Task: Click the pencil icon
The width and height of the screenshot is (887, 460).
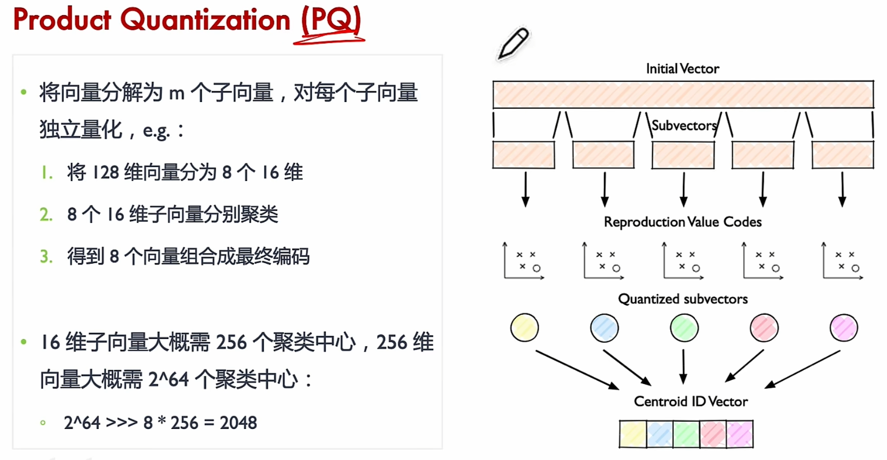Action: tap(513, 44)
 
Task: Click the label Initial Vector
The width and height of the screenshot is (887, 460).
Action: tap(682, 69)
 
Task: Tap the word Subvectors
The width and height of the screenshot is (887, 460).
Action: tap(684, 126)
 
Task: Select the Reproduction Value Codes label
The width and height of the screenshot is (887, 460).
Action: tap(682, 222)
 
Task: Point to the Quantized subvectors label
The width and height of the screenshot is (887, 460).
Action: tap(682, 299)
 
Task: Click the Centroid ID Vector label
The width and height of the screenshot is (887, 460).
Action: tap(682, 402)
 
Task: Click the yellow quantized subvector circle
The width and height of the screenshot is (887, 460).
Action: tap(525, 328)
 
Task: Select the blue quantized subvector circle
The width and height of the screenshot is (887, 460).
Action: tap(604, 328)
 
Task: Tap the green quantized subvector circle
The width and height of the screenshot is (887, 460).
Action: tap(684, 328)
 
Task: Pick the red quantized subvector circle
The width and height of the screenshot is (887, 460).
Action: tap(764, 328)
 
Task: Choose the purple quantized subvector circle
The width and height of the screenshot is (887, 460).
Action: tap(843, 328)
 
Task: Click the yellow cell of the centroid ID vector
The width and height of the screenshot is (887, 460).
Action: tap(633, 433)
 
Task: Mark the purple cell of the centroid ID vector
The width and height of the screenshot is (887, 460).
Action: tap(739, 433)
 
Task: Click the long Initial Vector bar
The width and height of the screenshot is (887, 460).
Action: tap(682, 94)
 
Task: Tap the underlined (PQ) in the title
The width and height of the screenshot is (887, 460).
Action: tap(330, 21)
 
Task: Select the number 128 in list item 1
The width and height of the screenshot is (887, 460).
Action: tap(106, 173)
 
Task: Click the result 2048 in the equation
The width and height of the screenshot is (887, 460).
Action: tap(238, 422)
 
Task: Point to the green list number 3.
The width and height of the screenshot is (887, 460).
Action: tap(46, 256)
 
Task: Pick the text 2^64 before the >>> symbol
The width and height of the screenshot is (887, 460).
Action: tap(82, 422)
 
